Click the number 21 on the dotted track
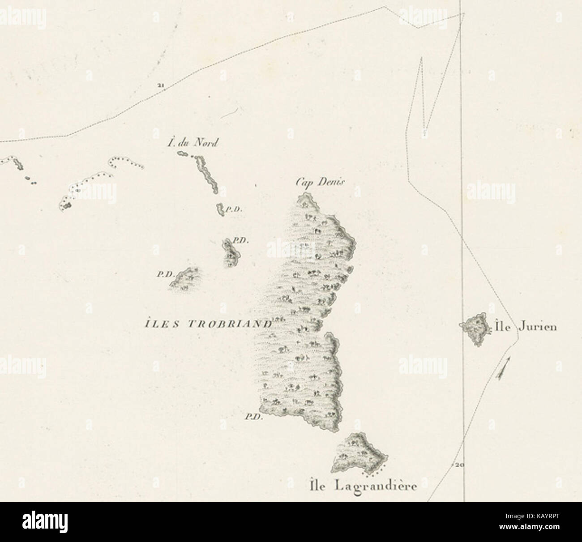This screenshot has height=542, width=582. point(160,85)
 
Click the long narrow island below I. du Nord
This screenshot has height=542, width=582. point(206,175)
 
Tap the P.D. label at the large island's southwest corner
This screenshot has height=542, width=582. point(252,417)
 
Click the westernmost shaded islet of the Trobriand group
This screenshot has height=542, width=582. point(185,279)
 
